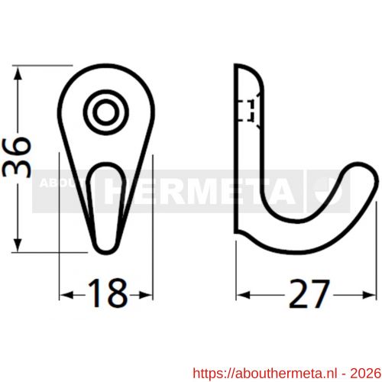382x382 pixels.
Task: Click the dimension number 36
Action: click(x=17, y=157)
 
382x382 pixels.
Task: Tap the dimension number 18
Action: click(x=107, y=293)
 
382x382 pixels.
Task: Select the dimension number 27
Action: click(x=309, y=293)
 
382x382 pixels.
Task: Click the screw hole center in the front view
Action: click(x=105, y=112)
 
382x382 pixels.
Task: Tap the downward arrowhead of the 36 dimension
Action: click(x=18, y=245)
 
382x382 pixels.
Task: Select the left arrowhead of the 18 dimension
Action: click(x=66, y=296)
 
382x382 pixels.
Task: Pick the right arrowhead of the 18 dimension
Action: click(x=146, y=296)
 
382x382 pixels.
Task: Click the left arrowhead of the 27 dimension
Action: click(x=243, y=296)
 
